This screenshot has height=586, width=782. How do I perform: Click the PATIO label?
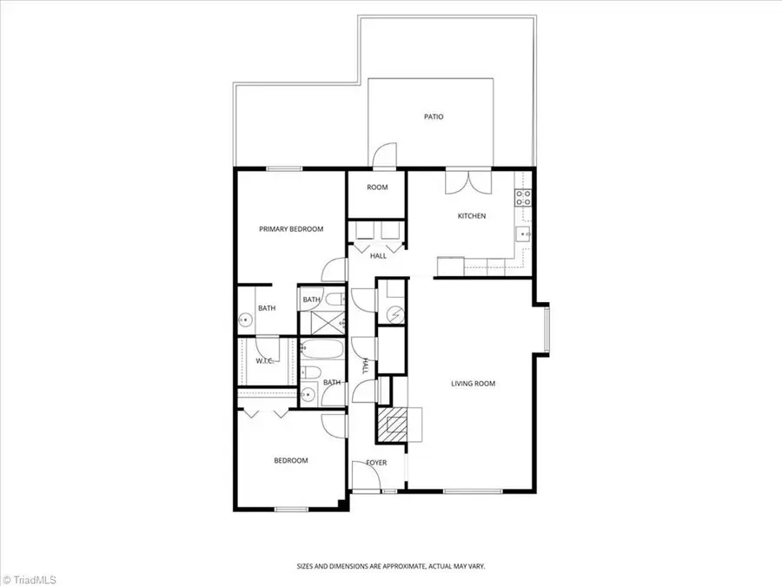(x=434, y=116)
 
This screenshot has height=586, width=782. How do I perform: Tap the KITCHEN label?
(x=472, y=216)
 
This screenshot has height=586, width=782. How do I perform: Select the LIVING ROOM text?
(x=473, y=383)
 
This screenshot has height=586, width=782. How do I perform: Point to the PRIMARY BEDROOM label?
(x=291, y=229)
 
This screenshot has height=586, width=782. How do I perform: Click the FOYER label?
(x=375, y=463)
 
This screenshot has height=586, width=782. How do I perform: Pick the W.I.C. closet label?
(x=265, y=361)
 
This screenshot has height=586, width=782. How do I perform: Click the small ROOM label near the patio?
(x=377, y=188)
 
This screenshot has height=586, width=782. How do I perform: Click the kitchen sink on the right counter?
(x=524, y=234)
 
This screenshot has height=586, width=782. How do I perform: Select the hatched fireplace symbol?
(x=392, y=425)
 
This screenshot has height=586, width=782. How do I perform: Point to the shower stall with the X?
(x=321, y=323)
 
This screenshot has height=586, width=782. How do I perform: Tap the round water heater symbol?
(x=393, y=313)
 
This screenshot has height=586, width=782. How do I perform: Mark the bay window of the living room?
(x=547, y=327)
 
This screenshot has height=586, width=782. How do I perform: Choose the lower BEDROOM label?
(x=291, y=461)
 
